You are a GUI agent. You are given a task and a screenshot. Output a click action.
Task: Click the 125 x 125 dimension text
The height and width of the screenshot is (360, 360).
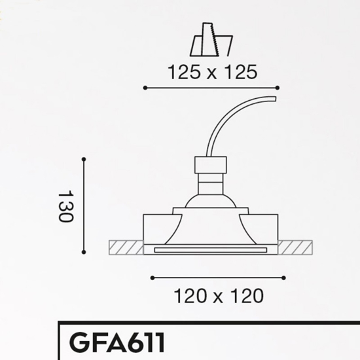tap(213, 72)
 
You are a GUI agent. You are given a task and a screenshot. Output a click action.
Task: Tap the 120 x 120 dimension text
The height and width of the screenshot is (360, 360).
tap(219, 296)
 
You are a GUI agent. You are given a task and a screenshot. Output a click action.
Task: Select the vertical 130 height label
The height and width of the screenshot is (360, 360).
tap(66, 206)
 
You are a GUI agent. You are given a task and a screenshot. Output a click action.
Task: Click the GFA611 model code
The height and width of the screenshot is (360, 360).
tap(117, 343)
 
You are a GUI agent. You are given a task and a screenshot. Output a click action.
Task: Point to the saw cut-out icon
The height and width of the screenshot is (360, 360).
tap(211, 39)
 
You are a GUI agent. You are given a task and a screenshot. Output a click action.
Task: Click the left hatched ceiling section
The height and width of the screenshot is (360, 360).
tap(126, 247)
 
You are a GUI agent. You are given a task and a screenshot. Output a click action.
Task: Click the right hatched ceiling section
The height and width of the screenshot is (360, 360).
tap(295, 247)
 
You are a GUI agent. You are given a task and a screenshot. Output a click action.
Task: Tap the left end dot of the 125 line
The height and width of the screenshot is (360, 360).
tap(145, 88)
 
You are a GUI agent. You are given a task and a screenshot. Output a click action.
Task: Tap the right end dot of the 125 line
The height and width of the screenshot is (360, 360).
tap(278, 88)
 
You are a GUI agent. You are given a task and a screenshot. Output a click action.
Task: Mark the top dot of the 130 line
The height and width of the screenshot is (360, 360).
tap(84, 159)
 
